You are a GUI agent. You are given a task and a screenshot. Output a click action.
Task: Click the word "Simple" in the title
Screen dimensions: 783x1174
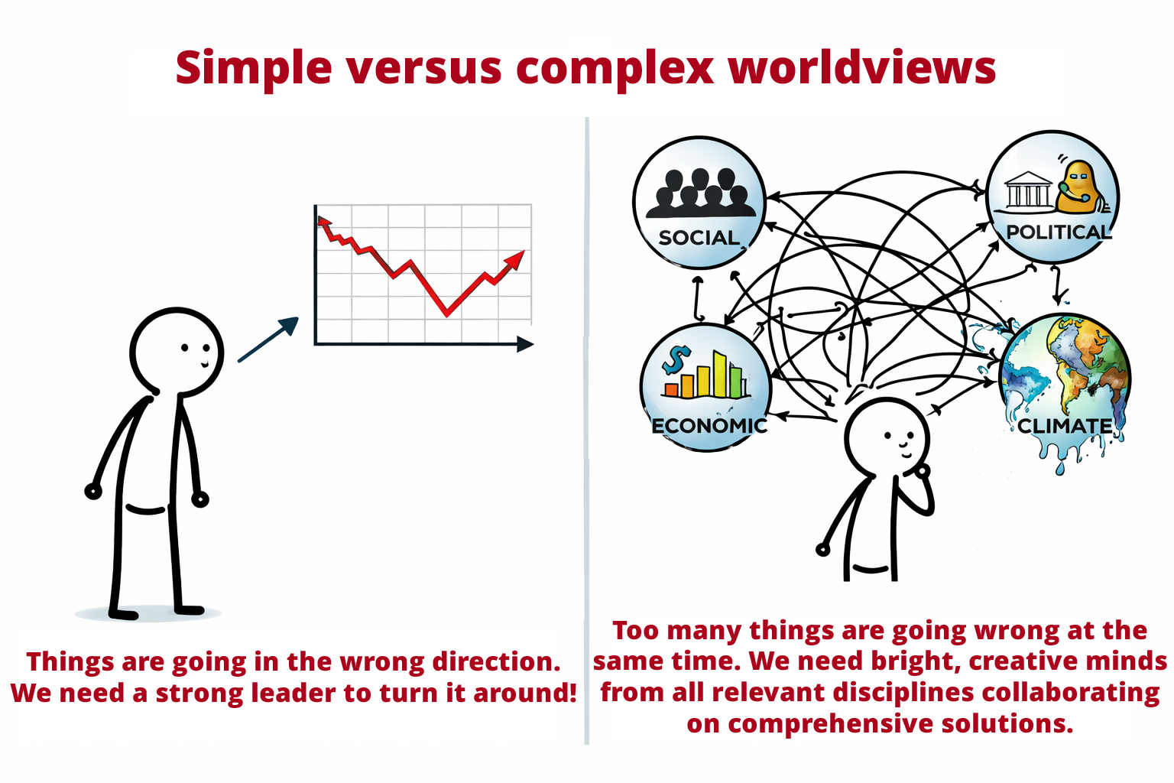(x=253, y=68)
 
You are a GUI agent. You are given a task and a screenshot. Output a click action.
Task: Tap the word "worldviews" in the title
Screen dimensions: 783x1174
(x=862, y=68)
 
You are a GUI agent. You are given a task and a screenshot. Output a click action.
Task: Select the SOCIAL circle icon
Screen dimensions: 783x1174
(x=699, y=203)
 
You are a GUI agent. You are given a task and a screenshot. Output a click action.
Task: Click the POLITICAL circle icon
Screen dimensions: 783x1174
(x=1052, y=197)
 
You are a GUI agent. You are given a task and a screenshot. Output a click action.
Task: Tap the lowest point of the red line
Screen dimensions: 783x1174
(x=447, y=313)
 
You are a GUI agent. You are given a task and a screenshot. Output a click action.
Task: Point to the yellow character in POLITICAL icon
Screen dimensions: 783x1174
(x=1079, y=187)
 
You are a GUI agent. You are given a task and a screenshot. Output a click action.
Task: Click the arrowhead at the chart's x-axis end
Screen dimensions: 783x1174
(x=525, y=344)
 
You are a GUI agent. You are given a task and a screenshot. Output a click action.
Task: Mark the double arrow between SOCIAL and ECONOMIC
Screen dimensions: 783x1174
(x=698, y=298)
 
